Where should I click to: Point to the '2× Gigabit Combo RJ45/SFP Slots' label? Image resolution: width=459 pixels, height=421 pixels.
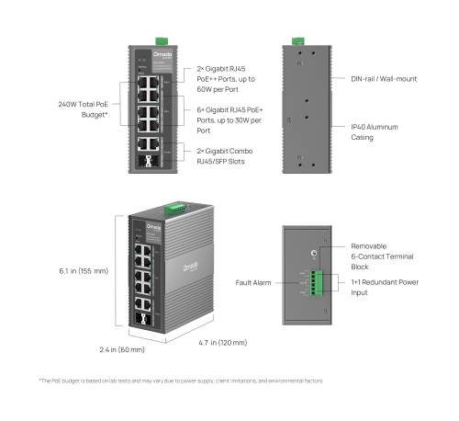tap(224, 155)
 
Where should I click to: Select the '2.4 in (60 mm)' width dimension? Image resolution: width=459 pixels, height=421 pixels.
tap(122, 350)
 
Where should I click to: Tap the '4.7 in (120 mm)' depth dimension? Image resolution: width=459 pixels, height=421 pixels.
tap(222, 343)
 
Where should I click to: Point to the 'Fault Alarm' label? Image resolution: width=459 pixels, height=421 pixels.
tap(253, 282)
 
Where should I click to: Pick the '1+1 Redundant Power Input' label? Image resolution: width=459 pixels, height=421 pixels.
tap(382, 288)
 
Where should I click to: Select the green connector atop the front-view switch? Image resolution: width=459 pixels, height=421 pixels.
tap(162, 40)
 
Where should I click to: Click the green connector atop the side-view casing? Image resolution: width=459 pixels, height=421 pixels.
tap(297, 40)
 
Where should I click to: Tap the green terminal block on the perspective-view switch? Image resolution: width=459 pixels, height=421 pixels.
tap(174, 209)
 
